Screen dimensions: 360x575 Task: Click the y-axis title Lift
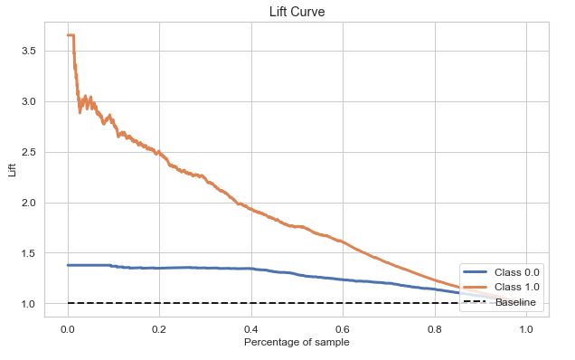click(x=13, y=169)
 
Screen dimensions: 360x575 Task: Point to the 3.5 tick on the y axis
click(x=27, y=51)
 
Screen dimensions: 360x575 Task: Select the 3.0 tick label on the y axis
click(x=27, y=101)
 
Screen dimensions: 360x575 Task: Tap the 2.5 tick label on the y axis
click(x=27, y=152)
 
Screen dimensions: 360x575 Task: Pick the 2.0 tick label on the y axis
click(x=27, y=203)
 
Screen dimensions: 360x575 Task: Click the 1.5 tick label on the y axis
click(x=27, y=253)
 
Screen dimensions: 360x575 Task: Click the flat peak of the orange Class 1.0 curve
click(x=70, y=35)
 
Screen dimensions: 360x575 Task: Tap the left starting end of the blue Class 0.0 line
click(x=68, y=265)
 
